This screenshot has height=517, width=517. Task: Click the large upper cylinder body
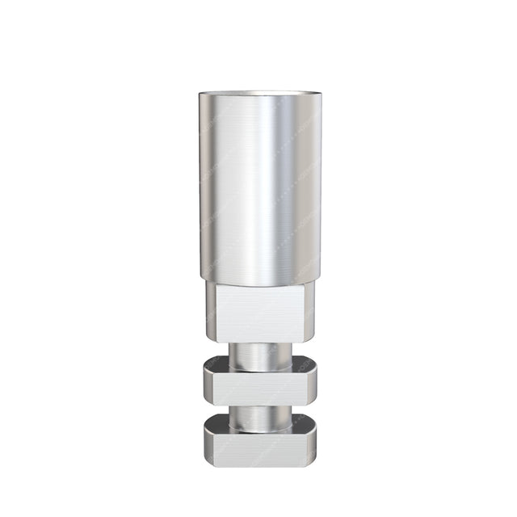[258, 186]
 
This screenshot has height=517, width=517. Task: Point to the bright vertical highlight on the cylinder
[279, 186]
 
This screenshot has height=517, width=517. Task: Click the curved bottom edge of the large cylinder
[258, 284]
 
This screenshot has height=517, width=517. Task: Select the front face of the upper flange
[258, 382]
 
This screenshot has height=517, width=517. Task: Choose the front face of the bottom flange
[258, 447]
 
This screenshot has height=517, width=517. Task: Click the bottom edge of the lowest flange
[258, 464]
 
